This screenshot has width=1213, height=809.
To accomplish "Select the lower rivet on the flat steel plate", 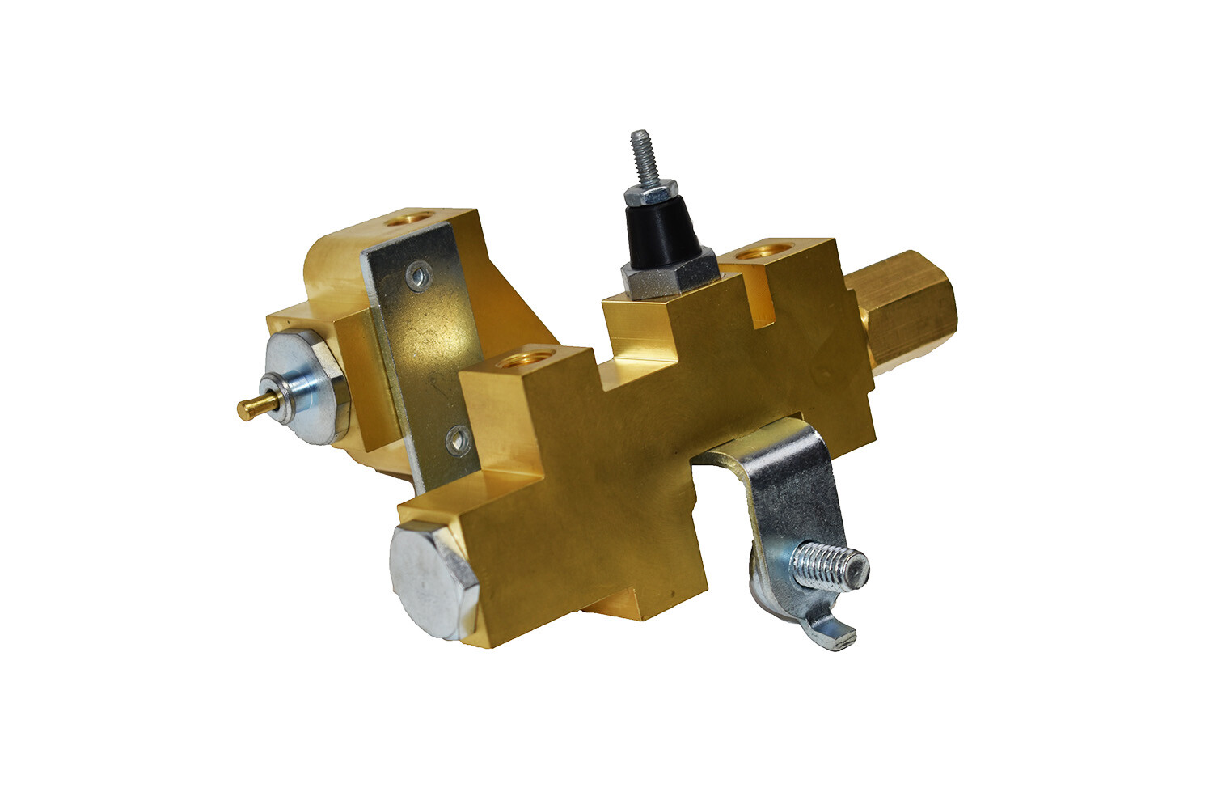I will click(x=458, y=442).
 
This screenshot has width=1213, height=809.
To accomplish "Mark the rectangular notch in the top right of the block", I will click(x=763, y=303).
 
